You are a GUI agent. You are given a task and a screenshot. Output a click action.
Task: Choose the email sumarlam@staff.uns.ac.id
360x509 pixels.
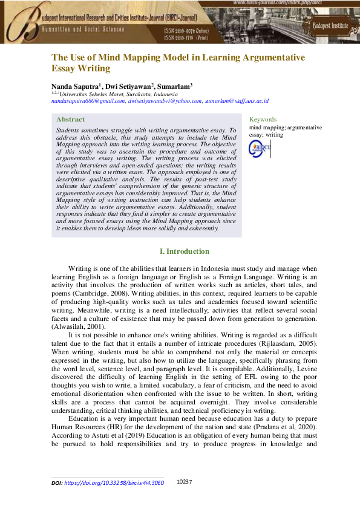(239, 101)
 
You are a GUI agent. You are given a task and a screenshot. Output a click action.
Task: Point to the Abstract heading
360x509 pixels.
(70, 120)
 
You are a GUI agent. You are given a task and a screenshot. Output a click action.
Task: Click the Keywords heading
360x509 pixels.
(263, 120)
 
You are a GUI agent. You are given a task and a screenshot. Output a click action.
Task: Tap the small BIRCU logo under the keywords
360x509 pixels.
(261, 146)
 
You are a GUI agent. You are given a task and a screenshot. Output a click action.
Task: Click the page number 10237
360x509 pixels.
(184, 482)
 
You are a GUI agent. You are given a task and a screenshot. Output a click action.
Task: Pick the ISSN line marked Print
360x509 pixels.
(189, 37)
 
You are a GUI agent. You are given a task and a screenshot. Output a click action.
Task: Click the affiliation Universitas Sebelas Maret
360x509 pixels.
(102, 94)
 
